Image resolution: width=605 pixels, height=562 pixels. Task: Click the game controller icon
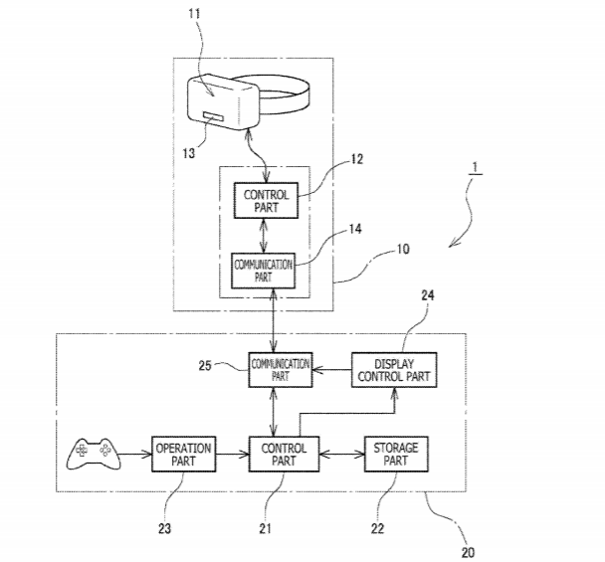[x=91, y=455]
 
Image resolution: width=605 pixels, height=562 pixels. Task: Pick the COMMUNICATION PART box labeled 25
[x=280, y=370]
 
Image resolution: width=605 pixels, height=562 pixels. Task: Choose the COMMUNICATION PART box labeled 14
[x=263, y=271]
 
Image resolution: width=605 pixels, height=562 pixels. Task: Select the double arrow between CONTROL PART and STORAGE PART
[x=339, y=456]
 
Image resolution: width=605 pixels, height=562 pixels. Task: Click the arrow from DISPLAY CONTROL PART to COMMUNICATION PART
[x=332, y=370]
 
